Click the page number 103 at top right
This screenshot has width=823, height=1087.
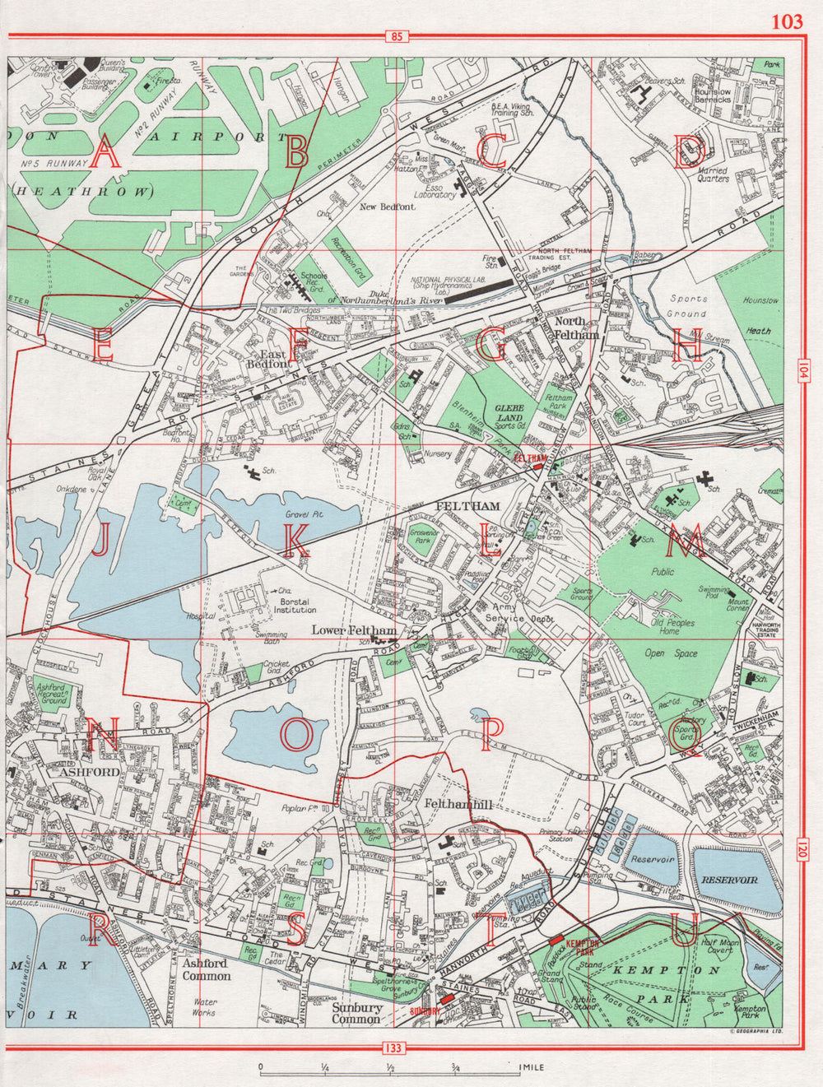(786, 21)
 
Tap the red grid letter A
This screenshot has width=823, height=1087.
(104, 154)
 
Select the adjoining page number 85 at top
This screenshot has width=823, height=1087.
(398, 36)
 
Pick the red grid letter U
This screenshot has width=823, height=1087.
(686, 929)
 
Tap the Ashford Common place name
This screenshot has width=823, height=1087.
(206, 969)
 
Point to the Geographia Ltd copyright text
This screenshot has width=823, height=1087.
(755, 1030)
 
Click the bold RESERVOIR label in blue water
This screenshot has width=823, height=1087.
(729, 880)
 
